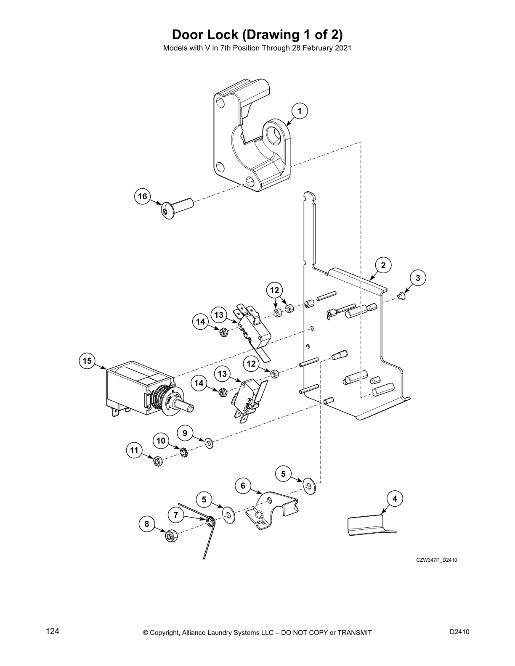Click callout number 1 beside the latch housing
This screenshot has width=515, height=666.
(300, 111)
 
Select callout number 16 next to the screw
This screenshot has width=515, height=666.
(143, 196)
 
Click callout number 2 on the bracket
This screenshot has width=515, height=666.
(383, 265)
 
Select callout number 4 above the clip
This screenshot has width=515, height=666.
(395, 499)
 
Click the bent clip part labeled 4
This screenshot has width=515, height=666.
(366, 526)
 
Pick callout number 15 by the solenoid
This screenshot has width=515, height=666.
(87, 361)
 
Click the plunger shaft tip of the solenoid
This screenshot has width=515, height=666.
(190, 407)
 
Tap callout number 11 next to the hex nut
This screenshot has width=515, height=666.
(134, 451)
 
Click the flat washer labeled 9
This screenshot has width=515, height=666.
(209, 442)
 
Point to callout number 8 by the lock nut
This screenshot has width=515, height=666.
(147, 524)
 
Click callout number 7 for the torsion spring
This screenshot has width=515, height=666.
(176, 515)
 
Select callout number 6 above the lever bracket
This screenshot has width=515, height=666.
(243, 486)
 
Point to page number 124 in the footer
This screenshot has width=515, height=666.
(52, 631)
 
